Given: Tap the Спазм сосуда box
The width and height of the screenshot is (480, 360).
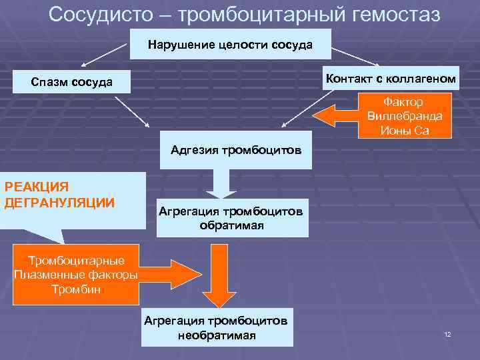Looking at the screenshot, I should click(x=72, y=82).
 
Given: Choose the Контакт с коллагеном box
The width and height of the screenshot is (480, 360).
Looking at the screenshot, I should click(x=391, y=79).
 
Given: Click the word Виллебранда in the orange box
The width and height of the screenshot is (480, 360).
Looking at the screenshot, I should click(x=404, y=116).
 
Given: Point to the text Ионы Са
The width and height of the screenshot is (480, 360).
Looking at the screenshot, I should click(x=404, y=130).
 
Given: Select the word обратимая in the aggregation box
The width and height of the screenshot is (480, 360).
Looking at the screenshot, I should click(x=232, y=225).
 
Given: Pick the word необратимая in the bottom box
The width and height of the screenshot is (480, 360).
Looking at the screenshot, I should click(x=217, y=335).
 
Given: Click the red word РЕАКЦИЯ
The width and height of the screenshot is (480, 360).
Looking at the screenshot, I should click(x=37, y=187).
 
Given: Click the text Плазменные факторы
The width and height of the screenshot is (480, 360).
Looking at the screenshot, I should click(x=76, y=275).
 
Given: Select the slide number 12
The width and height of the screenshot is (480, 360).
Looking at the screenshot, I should click(x=447, y=333).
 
